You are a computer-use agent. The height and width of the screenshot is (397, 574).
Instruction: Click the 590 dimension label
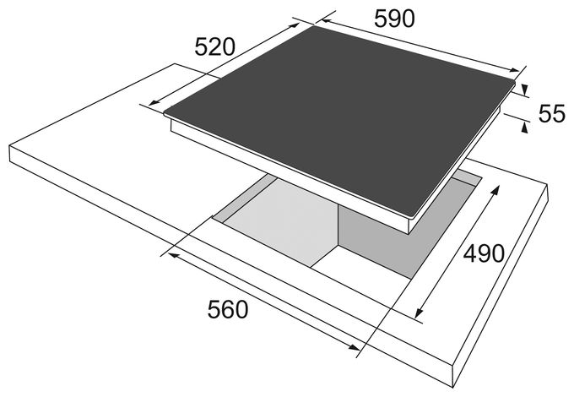394,19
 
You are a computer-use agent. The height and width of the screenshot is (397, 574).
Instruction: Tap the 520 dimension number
214,46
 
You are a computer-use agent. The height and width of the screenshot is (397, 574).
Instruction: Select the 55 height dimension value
552,113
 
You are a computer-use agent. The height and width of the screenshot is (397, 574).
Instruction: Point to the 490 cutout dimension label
484,253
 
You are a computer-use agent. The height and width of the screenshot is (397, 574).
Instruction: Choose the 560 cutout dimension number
228,309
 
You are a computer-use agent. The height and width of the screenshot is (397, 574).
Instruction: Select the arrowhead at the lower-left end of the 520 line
154,102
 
